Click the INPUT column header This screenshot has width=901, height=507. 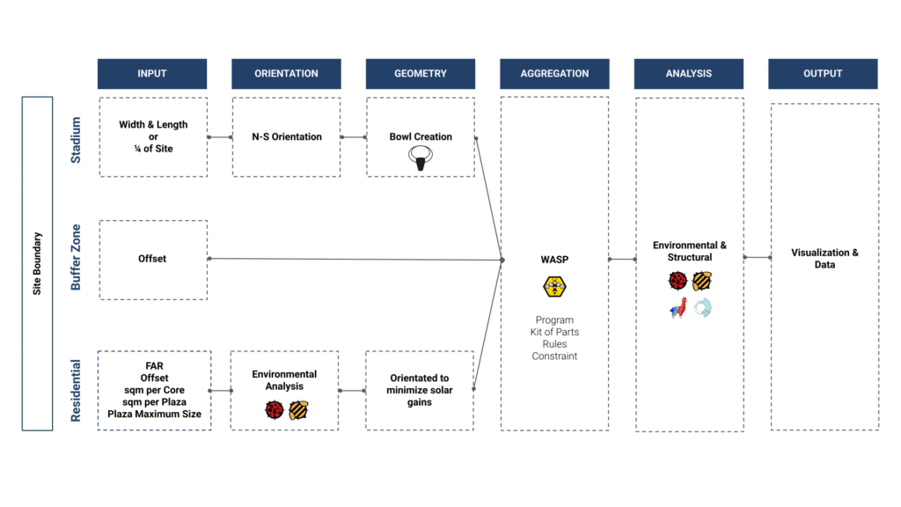coord(152,74)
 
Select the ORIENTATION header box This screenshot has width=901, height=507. coord(286,74)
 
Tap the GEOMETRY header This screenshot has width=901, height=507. coord(421,74)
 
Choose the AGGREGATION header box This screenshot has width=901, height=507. coord(554,74)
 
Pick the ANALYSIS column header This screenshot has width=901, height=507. coord(689,74)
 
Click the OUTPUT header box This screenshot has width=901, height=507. coord(823,74)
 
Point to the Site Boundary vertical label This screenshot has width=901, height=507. coord(38,263)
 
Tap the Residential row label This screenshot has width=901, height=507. coord(77,390)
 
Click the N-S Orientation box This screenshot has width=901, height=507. coord(286,136)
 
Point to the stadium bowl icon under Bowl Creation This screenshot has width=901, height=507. coord(421,158)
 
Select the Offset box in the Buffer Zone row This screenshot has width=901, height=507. coord(152,259)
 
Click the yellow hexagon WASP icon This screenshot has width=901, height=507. coord(554,286)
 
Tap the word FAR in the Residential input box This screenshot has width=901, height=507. coord(155,365)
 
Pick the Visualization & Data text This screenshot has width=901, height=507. coord(824,259)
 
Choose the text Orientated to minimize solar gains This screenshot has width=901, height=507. coord(420,390)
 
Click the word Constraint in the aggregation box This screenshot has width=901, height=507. coord(554,356)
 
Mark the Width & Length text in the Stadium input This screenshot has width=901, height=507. coord(153,125)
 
